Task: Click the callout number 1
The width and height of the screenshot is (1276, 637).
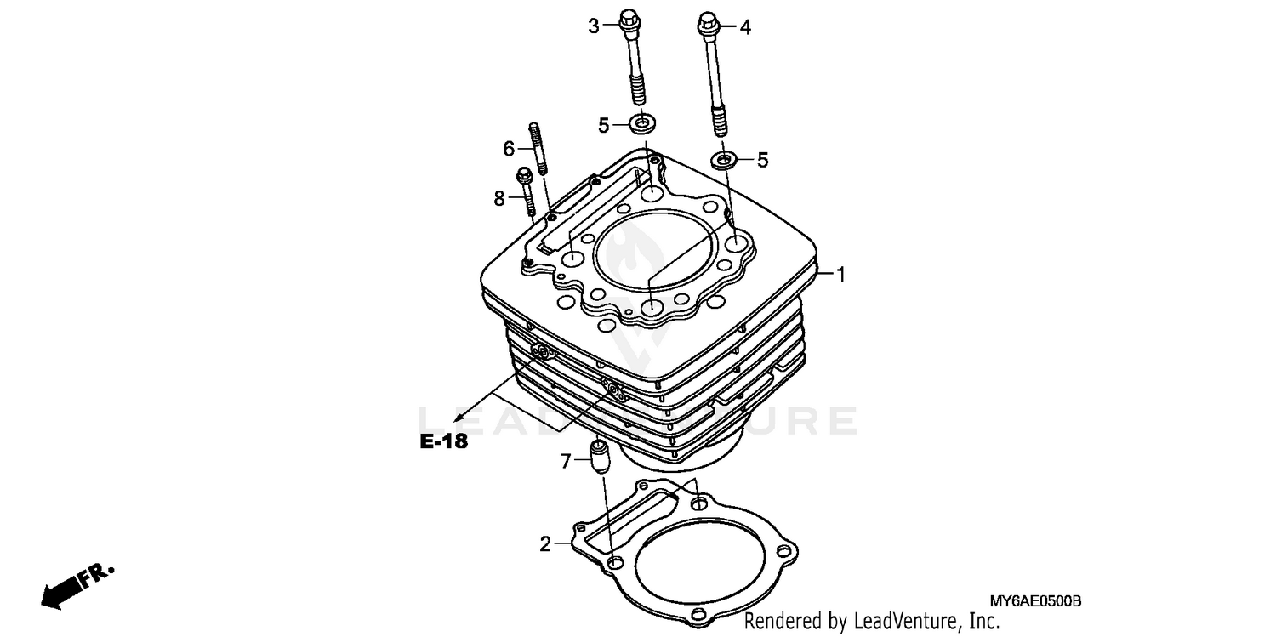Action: [840, 275]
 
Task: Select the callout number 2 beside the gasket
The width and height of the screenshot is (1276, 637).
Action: [545, 544]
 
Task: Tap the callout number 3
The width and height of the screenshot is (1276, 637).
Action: [594, 26]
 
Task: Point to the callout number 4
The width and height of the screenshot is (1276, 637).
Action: [745, 27]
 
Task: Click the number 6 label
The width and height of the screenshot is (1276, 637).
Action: [509, 149]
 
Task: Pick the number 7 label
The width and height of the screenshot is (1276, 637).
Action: [565, 462]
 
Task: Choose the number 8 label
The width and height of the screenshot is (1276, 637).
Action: [499, 198]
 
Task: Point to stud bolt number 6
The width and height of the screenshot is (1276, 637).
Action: [538, 150]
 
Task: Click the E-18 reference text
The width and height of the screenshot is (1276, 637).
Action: [443, 442]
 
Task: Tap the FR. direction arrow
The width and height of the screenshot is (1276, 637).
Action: [75, 585]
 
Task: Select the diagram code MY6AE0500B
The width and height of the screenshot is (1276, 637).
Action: [1034, 601]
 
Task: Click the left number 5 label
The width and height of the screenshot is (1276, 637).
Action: [603, 126]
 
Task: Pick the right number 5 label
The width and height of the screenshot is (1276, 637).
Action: [762, 160]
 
